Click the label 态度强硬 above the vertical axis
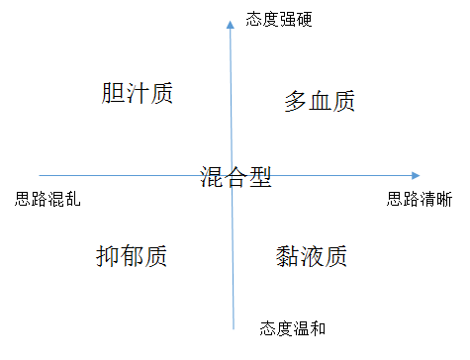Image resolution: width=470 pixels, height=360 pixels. click(279, 19)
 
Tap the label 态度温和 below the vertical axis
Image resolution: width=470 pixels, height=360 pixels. click(293, 328)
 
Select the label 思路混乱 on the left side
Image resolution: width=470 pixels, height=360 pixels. click(47, 199)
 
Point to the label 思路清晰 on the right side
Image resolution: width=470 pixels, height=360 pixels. click(420, 199)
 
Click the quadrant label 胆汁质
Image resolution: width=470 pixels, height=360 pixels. click(137, 93)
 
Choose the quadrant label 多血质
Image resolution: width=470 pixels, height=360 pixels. click(320, 101)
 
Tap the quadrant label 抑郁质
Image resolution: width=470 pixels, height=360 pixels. click(132, 256)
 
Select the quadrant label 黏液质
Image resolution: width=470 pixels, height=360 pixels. click(312, 256)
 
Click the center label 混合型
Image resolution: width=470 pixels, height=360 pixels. click(235, 177)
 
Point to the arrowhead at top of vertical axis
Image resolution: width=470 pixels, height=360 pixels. click(231, 25)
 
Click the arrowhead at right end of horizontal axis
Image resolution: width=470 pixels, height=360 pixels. click(416, 175)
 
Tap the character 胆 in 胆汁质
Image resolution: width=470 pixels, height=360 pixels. click(113, 93)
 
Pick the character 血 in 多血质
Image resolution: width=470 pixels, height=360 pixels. click(320, 101)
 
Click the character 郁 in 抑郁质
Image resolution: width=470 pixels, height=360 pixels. click(132, 256)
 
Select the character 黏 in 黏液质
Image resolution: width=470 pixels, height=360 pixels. click(287, 256)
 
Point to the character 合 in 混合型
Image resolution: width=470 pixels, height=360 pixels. click(235, 177)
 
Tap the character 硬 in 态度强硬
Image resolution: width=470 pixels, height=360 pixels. click(304, 19)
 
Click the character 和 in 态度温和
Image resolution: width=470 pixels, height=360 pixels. click(318, 328)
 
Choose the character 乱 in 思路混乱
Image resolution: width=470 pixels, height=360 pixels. click(72, 199)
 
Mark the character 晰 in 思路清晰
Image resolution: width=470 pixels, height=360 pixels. click(444, 199)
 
